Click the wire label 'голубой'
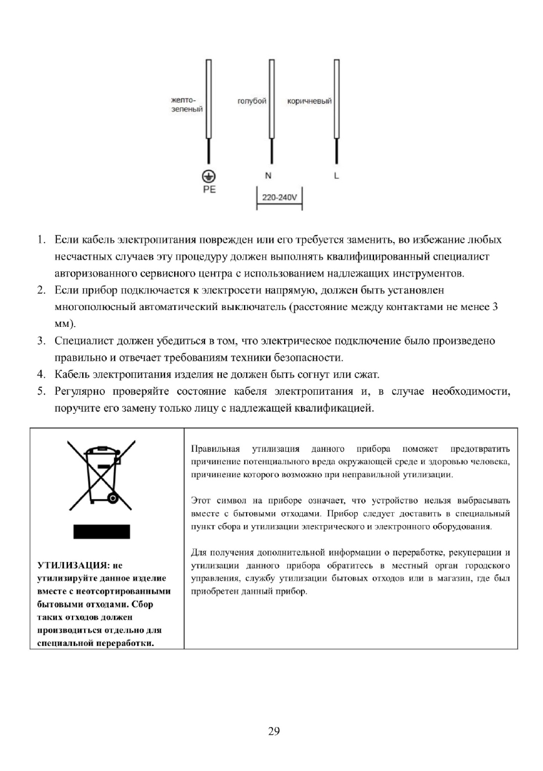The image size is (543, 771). point(252,102)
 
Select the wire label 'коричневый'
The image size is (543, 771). point(309,102)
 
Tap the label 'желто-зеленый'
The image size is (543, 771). point(186,106)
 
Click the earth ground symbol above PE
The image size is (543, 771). point(208,175)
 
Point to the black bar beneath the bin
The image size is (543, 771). point(102,532)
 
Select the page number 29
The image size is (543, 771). point(273,732)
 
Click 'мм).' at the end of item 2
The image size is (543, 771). point(65,323)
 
